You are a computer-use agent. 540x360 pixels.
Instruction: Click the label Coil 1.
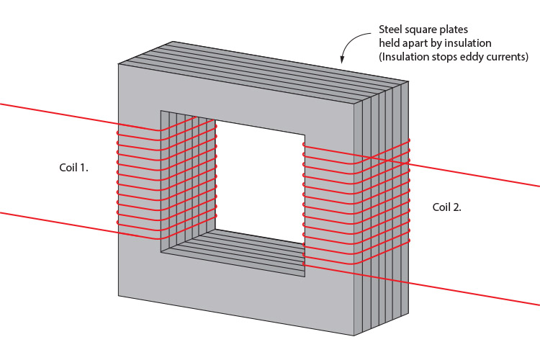73,168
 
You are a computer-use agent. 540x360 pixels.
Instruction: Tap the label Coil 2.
446,207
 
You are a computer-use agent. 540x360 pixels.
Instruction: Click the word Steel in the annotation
390,30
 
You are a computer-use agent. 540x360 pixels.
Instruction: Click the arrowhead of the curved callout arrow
342,60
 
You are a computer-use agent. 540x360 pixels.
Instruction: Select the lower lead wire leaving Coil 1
80,225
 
